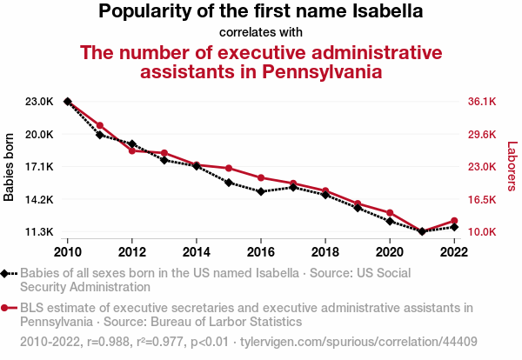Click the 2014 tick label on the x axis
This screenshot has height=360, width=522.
(x=197, y=252)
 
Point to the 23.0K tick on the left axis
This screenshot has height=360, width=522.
(x=40, y=102)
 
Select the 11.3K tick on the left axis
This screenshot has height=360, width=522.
(x=40, y=232)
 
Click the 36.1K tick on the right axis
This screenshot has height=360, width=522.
(x=481, y=102)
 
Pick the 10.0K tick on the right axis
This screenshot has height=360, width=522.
(x=481, y=232)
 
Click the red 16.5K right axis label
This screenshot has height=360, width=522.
(x=481, y=200)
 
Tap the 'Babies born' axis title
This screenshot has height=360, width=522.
(x=10, y=167)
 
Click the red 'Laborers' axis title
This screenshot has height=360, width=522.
(x=512, y=167)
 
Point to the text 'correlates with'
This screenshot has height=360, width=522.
(x=261, y=33)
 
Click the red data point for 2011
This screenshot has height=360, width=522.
(x=100, y=126)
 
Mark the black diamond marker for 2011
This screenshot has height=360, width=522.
(x=100, y=135)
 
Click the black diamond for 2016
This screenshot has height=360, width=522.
(x=261, y=191)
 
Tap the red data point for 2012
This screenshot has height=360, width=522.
(x=132, y=151)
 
